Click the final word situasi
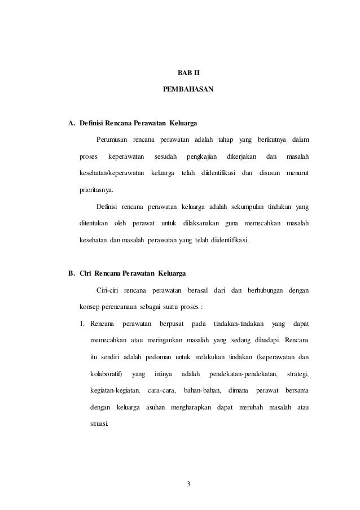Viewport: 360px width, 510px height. tap(100, 424)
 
